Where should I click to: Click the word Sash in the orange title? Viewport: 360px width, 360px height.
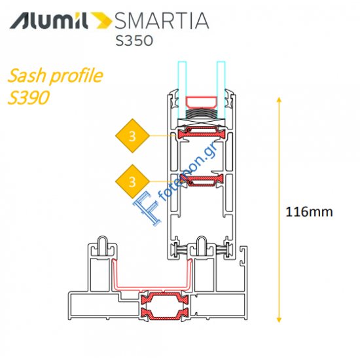26,75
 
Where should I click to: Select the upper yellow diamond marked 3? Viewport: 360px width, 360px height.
133,136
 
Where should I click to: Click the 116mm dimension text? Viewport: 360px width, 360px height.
310,211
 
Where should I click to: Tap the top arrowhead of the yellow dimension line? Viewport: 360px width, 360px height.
279,99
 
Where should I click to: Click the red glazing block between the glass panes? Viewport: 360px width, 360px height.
202,102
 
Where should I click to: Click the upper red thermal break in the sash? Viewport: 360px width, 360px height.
202,135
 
